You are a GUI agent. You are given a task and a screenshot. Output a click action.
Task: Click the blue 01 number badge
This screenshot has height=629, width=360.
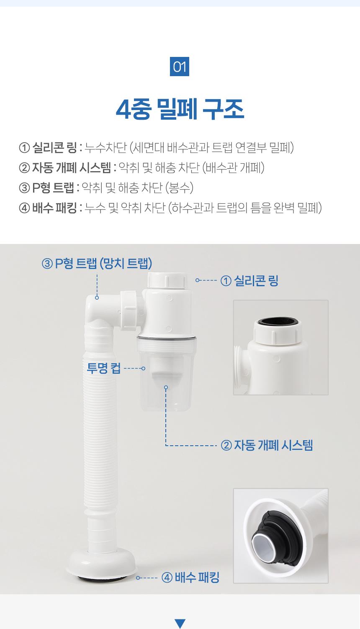(x=180, y=67)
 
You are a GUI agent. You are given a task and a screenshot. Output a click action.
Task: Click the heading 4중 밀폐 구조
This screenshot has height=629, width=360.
(x=180, y=109)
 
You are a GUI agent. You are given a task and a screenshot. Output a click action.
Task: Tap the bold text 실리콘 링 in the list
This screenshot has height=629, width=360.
(x=54, y=147)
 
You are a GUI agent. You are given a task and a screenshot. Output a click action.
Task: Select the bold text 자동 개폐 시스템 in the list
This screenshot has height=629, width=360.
(x=72, y=168)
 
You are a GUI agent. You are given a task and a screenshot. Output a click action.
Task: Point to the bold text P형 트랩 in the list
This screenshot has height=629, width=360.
(x=53, y=187)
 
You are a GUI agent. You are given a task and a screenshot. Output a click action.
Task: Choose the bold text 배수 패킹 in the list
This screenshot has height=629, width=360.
(x=54, y=208)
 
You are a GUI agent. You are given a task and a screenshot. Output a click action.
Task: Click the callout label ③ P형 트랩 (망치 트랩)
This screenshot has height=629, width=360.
(x=97, y=263)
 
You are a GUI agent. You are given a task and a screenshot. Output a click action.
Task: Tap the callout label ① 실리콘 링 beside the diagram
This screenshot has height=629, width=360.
(x=249, y=280)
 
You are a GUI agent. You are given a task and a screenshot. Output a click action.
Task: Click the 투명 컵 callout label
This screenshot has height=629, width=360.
(x=104, y=368)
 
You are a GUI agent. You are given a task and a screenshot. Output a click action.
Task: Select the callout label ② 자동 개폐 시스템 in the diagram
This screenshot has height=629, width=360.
(x=267, y=445)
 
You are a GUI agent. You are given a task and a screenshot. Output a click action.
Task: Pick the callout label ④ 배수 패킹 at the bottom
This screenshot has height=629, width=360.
(x=190, y=578)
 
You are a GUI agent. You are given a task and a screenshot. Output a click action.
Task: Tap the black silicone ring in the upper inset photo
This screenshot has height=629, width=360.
(x=278, y=321)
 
